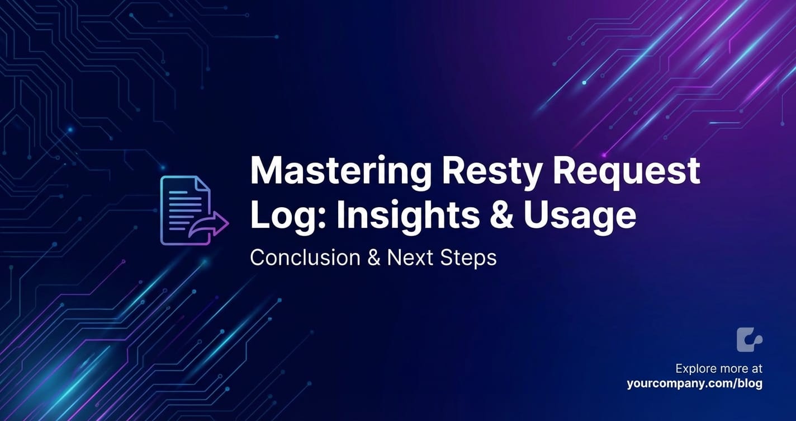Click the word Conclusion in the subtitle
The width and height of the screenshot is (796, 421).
point(305,258)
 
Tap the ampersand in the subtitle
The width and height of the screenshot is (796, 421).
point(373,258)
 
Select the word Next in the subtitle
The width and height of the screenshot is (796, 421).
point(410,258)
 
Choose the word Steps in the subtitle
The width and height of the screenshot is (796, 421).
point(468,258)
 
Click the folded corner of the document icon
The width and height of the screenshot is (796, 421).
point(202,185)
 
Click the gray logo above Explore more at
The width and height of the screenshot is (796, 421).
point(750,340)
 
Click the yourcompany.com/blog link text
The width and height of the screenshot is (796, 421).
point(695,383)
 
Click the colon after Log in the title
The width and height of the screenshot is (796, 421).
point(321,218)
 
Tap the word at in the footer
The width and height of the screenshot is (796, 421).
point(757,369)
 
